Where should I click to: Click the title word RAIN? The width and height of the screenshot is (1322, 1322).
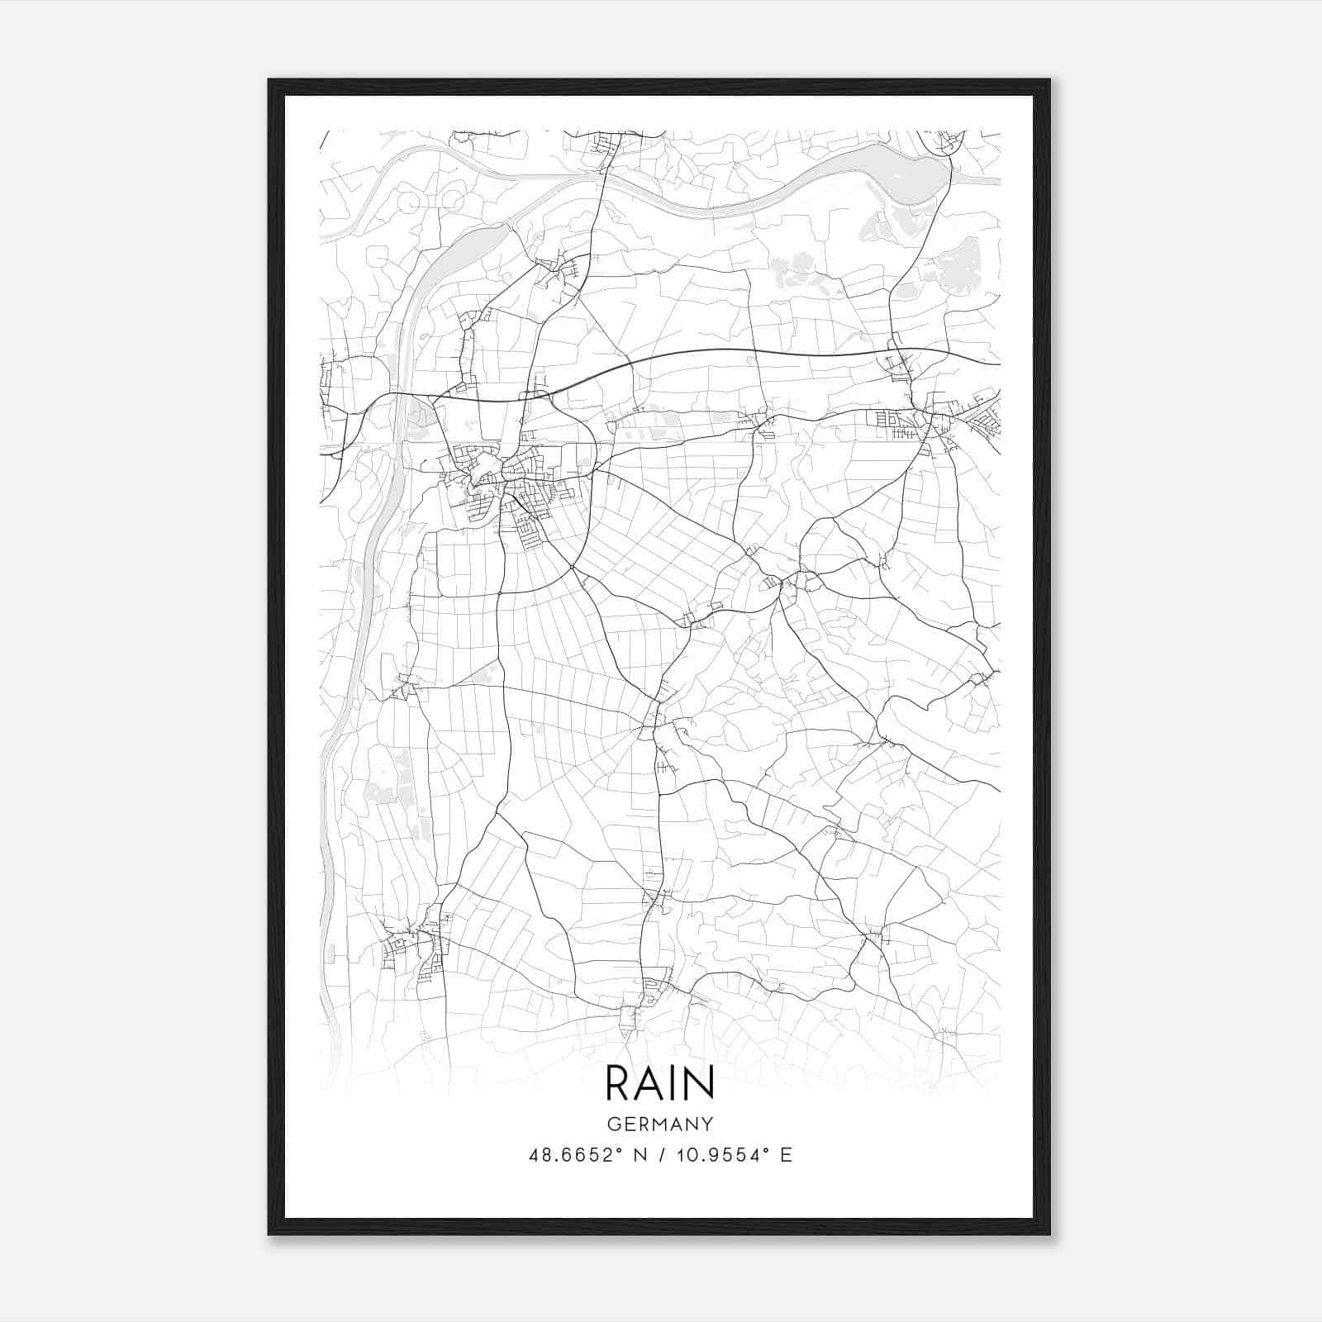click(x=659, y=1083)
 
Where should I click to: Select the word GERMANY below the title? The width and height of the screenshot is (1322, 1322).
click(x=660, y=1124)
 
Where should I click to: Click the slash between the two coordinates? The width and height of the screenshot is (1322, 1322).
click(x=660, y=1155)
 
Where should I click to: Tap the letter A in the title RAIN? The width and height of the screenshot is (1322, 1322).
click(x=649, y=1083)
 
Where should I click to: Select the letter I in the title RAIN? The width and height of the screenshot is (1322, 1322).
click(x=673, y=1083)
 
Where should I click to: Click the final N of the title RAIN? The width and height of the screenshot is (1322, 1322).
click(x=698, y=1083)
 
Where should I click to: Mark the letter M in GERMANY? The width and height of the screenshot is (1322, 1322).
click(x=660, y=1124)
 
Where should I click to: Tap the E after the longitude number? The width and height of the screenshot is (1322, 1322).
click(x=787, y=1155)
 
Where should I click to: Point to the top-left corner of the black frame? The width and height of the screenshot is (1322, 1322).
click(x=269, y=80)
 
